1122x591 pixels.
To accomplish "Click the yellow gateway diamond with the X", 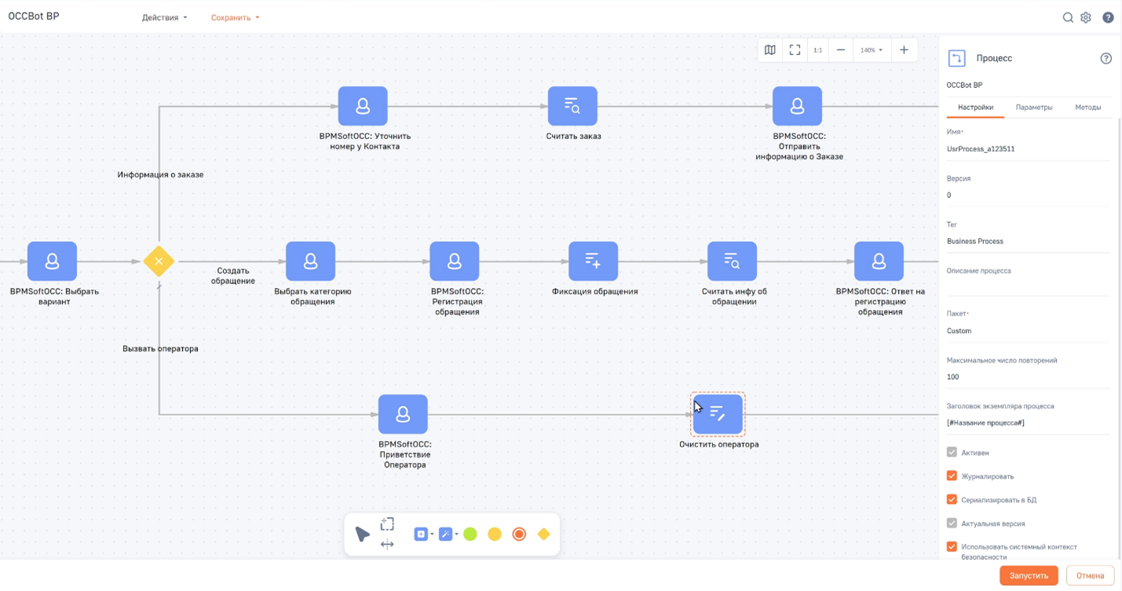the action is tap(159, 261).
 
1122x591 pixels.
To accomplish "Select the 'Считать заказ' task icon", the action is tap(572, 106).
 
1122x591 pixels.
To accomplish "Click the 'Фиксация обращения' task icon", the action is tap(593, 261).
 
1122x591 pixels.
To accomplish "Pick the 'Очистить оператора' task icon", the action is tap(718, 414).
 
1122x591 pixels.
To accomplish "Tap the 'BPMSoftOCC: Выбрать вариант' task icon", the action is tap(52, 261).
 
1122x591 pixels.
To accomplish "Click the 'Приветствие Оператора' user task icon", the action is tap(403, 414).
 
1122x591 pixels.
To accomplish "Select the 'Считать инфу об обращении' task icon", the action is tap(732, 261).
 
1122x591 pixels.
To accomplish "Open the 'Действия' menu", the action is tap(164, 17).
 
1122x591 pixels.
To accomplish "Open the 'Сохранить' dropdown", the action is tap(235, 17).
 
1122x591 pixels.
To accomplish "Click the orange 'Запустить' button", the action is tap(1029, 575).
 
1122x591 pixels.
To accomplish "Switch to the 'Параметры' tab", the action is tap(1034, 108).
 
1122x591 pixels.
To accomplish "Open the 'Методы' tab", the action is tap(1088, 108).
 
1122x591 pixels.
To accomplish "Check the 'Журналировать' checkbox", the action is tap(952, 476).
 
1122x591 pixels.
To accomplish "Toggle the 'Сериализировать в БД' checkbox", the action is tap(952, 499).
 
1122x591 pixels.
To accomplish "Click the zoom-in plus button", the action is tap(904, 50).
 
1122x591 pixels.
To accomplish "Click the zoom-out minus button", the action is tap(840, 50).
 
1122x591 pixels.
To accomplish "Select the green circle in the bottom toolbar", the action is tap(470, 534).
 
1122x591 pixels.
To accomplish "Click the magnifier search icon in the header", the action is tap(1068, 17).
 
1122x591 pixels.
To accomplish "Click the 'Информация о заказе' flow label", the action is tap(160, 174).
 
